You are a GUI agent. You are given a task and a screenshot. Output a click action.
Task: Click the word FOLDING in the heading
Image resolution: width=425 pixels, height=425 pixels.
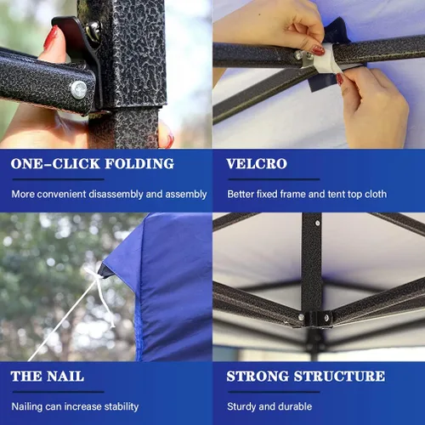click(139, 164)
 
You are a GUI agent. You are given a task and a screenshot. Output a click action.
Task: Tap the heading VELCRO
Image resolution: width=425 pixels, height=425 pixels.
click(257, 164)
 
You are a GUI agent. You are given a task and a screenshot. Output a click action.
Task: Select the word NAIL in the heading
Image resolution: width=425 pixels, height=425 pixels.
click(65, 377)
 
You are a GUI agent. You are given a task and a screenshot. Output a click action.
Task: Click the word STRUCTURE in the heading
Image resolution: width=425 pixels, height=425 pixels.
click(339, 377)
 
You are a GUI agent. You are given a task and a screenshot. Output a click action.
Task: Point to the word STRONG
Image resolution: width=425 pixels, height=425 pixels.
click(258, 377)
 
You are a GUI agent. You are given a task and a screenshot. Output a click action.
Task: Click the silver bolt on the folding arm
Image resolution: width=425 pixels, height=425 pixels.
click(78, 89)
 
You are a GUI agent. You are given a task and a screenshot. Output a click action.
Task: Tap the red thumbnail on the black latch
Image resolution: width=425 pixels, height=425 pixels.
click(52, 37)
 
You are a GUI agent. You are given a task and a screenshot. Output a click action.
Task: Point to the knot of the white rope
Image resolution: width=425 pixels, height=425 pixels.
click(99, 278)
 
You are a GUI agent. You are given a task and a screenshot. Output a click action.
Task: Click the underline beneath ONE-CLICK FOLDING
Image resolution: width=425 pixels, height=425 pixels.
click(59, 179)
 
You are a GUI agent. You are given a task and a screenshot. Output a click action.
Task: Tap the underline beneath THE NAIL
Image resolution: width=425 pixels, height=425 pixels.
click(59, 392)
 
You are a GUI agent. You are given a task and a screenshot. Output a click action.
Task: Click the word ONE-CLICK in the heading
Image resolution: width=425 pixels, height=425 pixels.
click(55, 164)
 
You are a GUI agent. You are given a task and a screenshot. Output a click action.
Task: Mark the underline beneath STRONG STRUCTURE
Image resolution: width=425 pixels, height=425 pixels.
click(274, 392)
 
